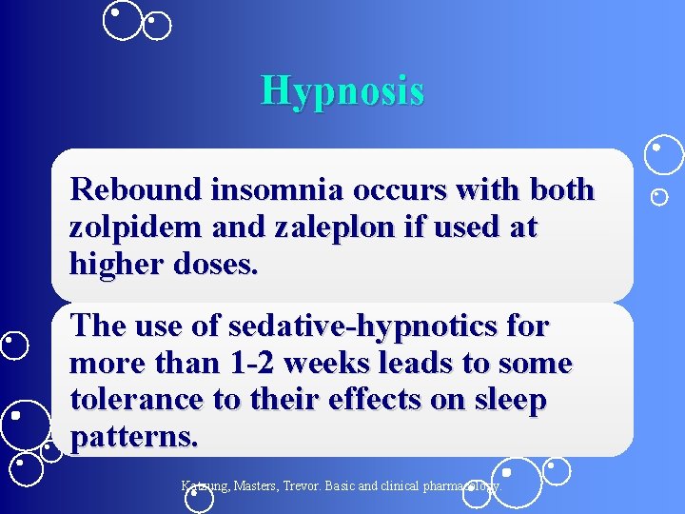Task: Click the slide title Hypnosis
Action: click(342, 91)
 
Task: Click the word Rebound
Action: click(135, 189)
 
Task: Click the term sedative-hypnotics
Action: click(364, 326)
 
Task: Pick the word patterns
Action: click(134, 437)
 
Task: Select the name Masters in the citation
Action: click(262, 485)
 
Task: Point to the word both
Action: click(558, 189)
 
